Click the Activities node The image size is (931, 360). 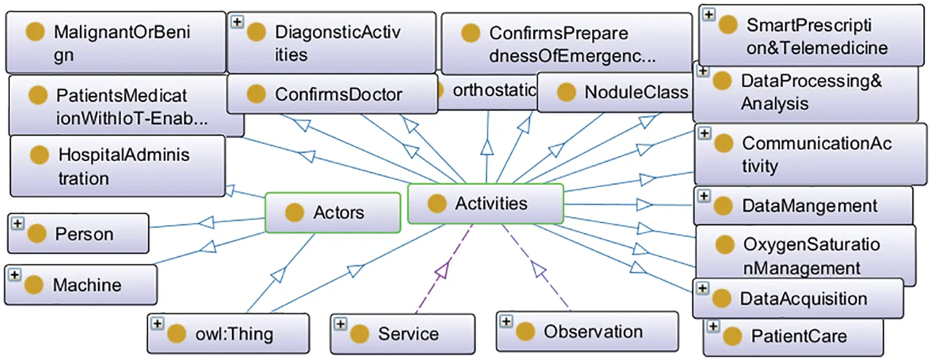point(485,204)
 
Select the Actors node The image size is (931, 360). point(333,213)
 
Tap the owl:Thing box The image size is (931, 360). point(228,333)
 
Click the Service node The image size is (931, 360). point(402,334)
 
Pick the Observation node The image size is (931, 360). point(587,332)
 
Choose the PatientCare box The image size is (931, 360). point(793,337)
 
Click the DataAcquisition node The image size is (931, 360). point(798,298)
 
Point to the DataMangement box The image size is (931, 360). point(803,206)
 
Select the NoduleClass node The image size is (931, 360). point(617,92)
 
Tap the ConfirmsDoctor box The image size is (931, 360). point(332,94)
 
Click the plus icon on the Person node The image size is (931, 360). point(17,224)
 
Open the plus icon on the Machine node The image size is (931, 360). point(15,275)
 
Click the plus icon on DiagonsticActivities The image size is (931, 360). point(237,21)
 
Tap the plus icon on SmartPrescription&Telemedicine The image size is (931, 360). point(709,15)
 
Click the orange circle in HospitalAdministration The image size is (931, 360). point(39,155)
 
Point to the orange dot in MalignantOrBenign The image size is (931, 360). point(35,32)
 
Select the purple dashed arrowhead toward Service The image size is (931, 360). point(443,270)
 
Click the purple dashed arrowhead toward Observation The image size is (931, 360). point(538,268)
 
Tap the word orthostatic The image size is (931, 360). point(494,90)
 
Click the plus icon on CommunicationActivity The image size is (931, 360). point(704,134)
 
